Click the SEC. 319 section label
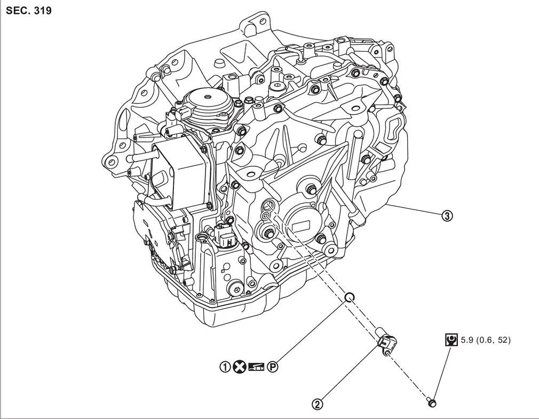click(x=29, y=10)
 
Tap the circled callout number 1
click(x=226, y=367)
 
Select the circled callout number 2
click(x=318, y=405)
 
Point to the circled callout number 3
click(x=447, y=216)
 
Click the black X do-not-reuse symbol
click(x=240, y=367)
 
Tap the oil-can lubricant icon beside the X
click(x=257, y=367)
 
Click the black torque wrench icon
click(x=451, y=340)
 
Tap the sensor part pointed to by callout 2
click(x=387, y=341)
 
